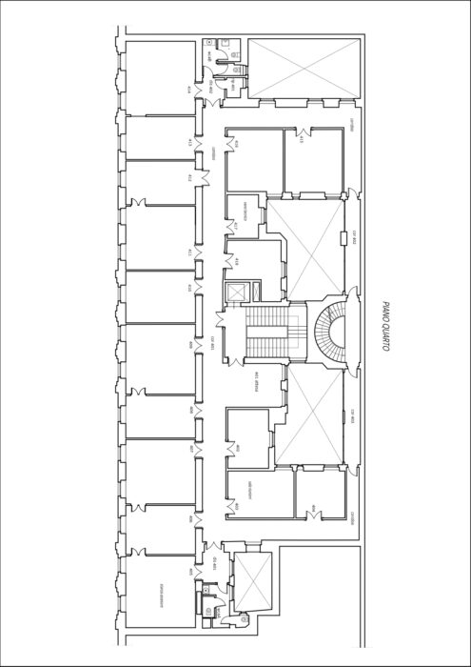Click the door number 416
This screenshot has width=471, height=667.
236,143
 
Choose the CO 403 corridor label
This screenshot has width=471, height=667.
353,414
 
